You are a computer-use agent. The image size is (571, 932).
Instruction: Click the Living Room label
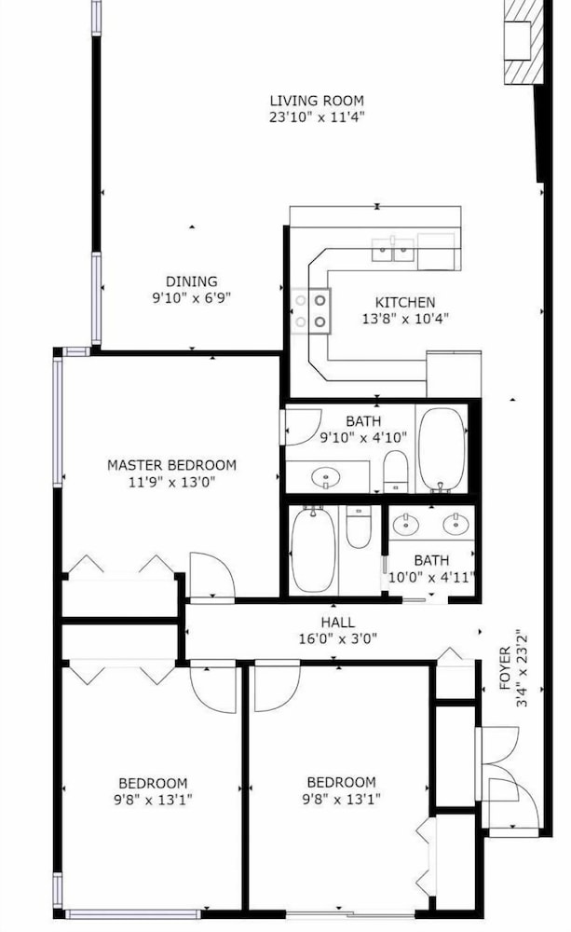coord(317,101)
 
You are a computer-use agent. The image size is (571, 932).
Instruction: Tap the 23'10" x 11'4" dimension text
coord(317,116)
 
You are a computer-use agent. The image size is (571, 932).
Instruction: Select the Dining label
coord(191,281)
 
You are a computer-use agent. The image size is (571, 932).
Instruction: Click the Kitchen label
coord(405,302)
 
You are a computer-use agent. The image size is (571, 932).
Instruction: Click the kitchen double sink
coord(393,250)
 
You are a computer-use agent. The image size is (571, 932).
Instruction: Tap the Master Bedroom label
coord(171,465)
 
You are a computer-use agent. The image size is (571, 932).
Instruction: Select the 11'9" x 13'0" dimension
coord(171,482)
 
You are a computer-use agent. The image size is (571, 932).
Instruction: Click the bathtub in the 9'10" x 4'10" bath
coord(442,449)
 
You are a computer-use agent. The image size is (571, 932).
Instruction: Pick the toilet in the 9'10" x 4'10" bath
coord(395,472)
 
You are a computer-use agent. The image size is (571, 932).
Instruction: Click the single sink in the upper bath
coord(326,476)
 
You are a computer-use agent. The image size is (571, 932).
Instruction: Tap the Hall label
coord(337,623)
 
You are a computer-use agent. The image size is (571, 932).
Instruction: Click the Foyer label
coord(505,668)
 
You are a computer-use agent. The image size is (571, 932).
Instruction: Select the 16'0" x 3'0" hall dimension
coord(337,639)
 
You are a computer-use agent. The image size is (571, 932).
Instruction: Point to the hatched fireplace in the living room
coord(524,42)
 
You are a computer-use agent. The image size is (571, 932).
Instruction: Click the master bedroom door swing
coord(212,575)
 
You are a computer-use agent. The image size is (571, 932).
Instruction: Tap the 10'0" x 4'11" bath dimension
coord(431,577)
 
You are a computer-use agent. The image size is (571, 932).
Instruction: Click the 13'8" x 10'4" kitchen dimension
coord(405,319)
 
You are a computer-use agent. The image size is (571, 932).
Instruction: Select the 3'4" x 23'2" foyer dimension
coord(522,668)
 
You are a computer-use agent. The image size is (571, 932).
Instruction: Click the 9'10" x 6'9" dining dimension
coord(191,297)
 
